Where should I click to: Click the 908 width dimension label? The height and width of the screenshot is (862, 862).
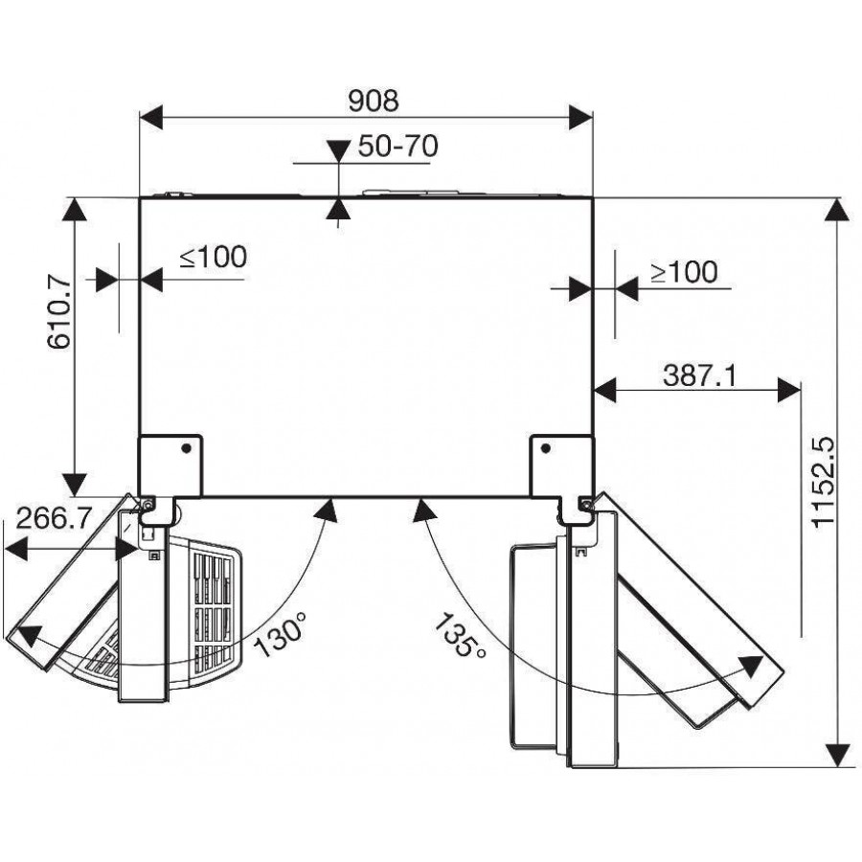pos(374,101)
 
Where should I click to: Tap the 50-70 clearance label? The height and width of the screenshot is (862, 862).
pos(398,146)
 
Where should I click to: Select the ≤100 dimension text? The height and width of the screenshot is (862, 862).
pos(214,257)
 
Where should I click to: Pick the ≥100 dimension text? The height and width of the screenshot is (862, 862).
pos(684,272)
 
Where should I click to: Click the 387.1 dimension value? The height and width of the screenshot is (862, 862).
pos(699,376)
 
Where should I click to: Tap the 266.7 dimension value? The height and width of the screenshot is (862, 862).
pos(54,518)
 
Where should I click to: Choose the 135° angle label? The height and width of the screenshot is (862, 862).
pos(460,636)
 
